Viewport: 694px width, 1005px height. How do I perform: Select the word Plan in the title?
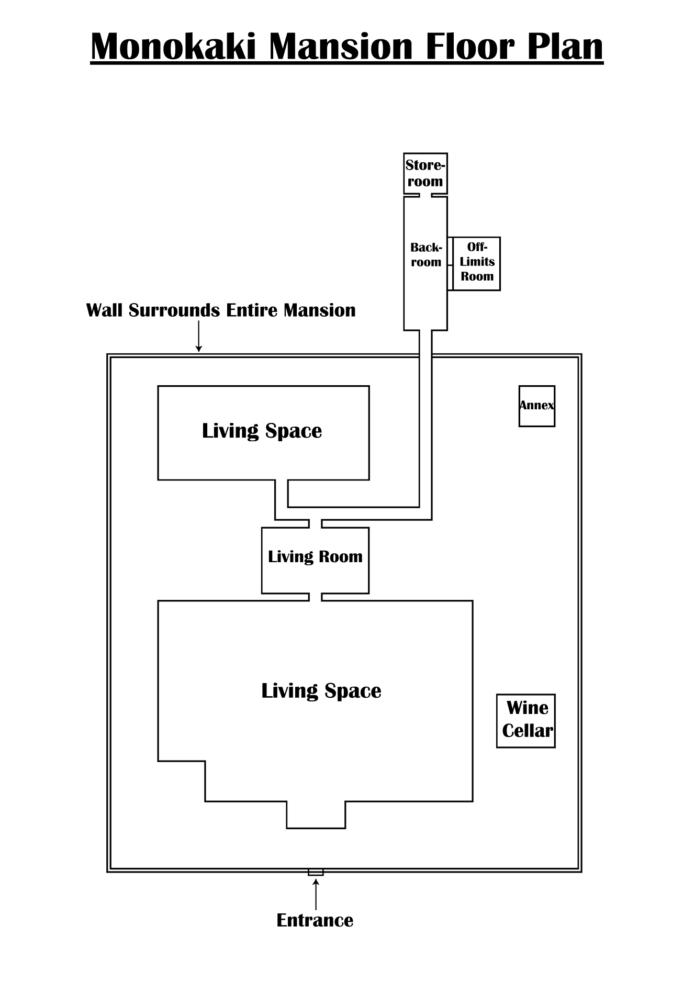565,47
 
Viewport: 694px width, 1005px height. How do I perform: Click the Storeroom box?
426,173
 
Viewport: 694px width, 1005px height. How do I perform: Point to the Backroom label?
426,255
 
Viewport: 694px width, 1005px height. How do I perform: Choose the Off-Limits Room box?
476,264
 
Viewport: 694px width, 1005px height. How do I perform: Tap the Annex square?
537,406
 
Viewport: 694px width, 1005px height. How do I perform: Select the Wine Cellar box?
526,721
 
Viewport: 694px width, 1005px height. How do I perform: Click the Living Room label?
315,556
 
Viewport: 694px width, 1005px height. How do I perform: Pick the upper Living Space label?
262,431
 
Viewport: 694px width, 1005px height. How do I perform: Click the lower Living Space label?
321,691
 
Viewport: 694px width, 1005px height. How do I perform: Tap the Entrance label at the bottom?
315,920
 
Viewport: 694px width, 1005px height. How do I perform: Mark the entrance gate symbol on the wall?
316,872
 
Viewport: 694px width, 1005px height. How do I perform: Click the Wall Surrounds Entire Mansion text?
221,310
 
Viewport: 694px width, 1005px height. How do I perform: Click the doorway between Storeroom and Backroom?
426,196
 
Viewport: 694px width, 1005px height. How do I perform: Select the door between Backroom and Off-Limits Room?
450,264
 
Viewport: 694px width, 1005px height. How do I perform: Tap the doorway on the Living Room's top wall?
315,524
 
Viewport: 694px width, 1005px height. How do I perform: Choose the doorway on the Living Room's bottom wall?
315,597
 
